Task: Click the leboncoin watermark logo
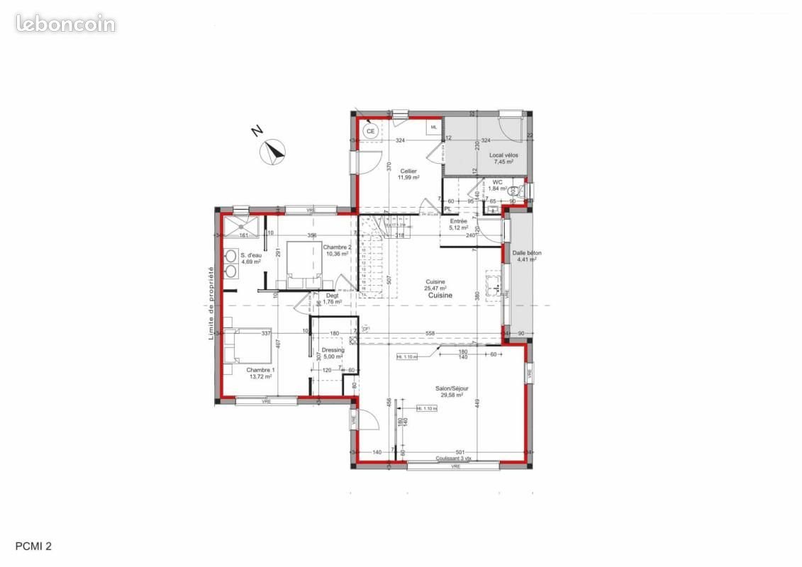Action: pyautogui.click(x=65, y=23)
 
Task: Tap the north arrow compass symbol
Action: pyautogui.click(x=272, y=151)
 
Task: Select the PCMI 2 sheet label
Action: pyautogui.click(x=33, y=546)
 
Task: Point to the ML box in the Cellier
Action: pyautogui.click(x=434, y=127)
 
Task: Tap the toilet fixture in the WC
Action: pyautogui.click(x=523, y=190)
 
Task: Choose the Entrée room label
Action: pyautogui.click(x=459, y=224)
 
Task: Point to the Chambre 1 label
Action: pyautogui.click(x=260, y=373)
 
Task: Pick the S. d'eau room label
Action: pyautogui.click(x=251, y=258)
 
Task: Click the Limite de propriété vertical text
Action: pyautogui.click(x=211, y=303)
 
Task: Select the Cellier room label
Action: pyautogui.click(x=408, y=174)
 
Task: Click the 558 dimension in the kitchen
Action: pyautogui.click(x=430, y=333)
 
